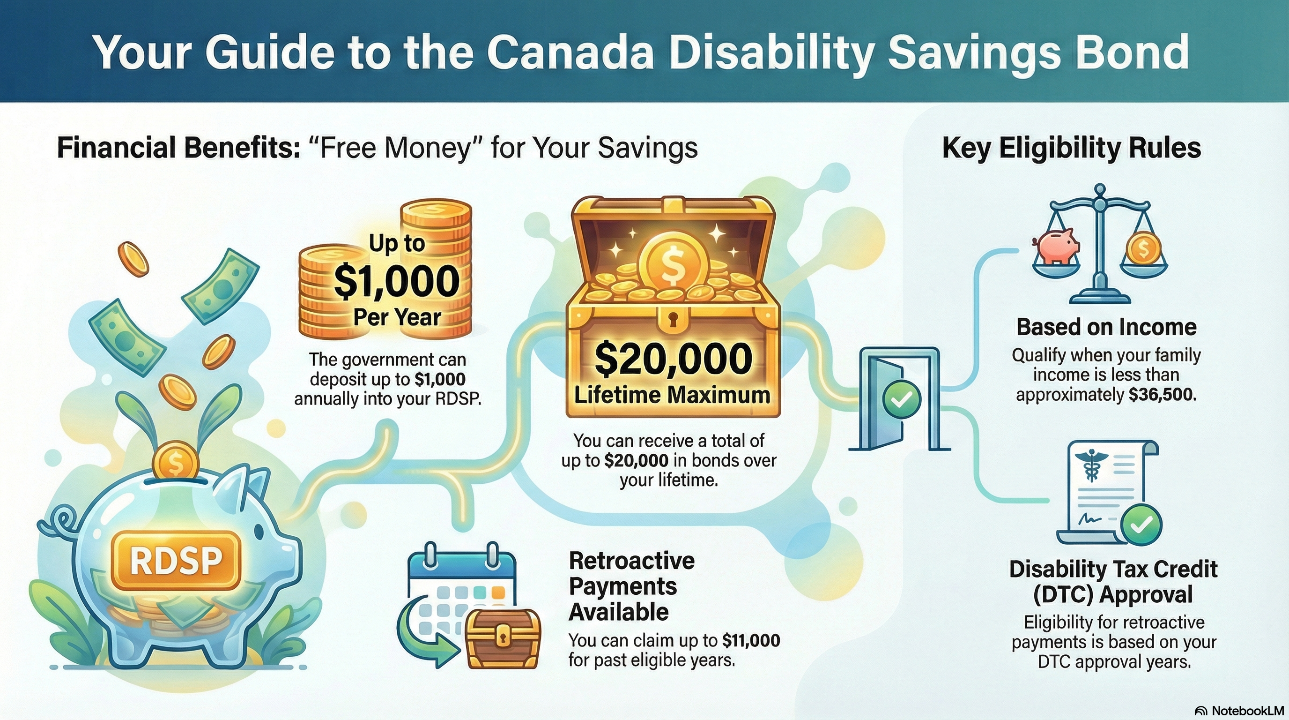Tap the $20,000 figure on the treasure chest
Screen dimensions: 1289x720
click(673, 359)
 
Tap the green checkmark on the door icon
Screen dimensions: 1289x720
click(902, 399)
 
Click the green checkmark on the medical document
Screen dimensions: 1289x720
click(1141, 525)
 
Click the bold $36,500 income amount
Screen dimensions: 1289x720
click(1163, 396)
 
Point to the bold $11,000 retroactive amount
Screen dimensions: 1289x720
click(750, 640)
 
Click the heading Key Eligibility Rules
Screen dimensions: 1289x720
click(1071, 148)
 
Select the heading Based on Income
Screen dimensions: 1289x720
click(1106, 328)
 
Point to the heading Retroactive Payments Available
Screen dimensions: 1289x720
click(631, 586)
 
